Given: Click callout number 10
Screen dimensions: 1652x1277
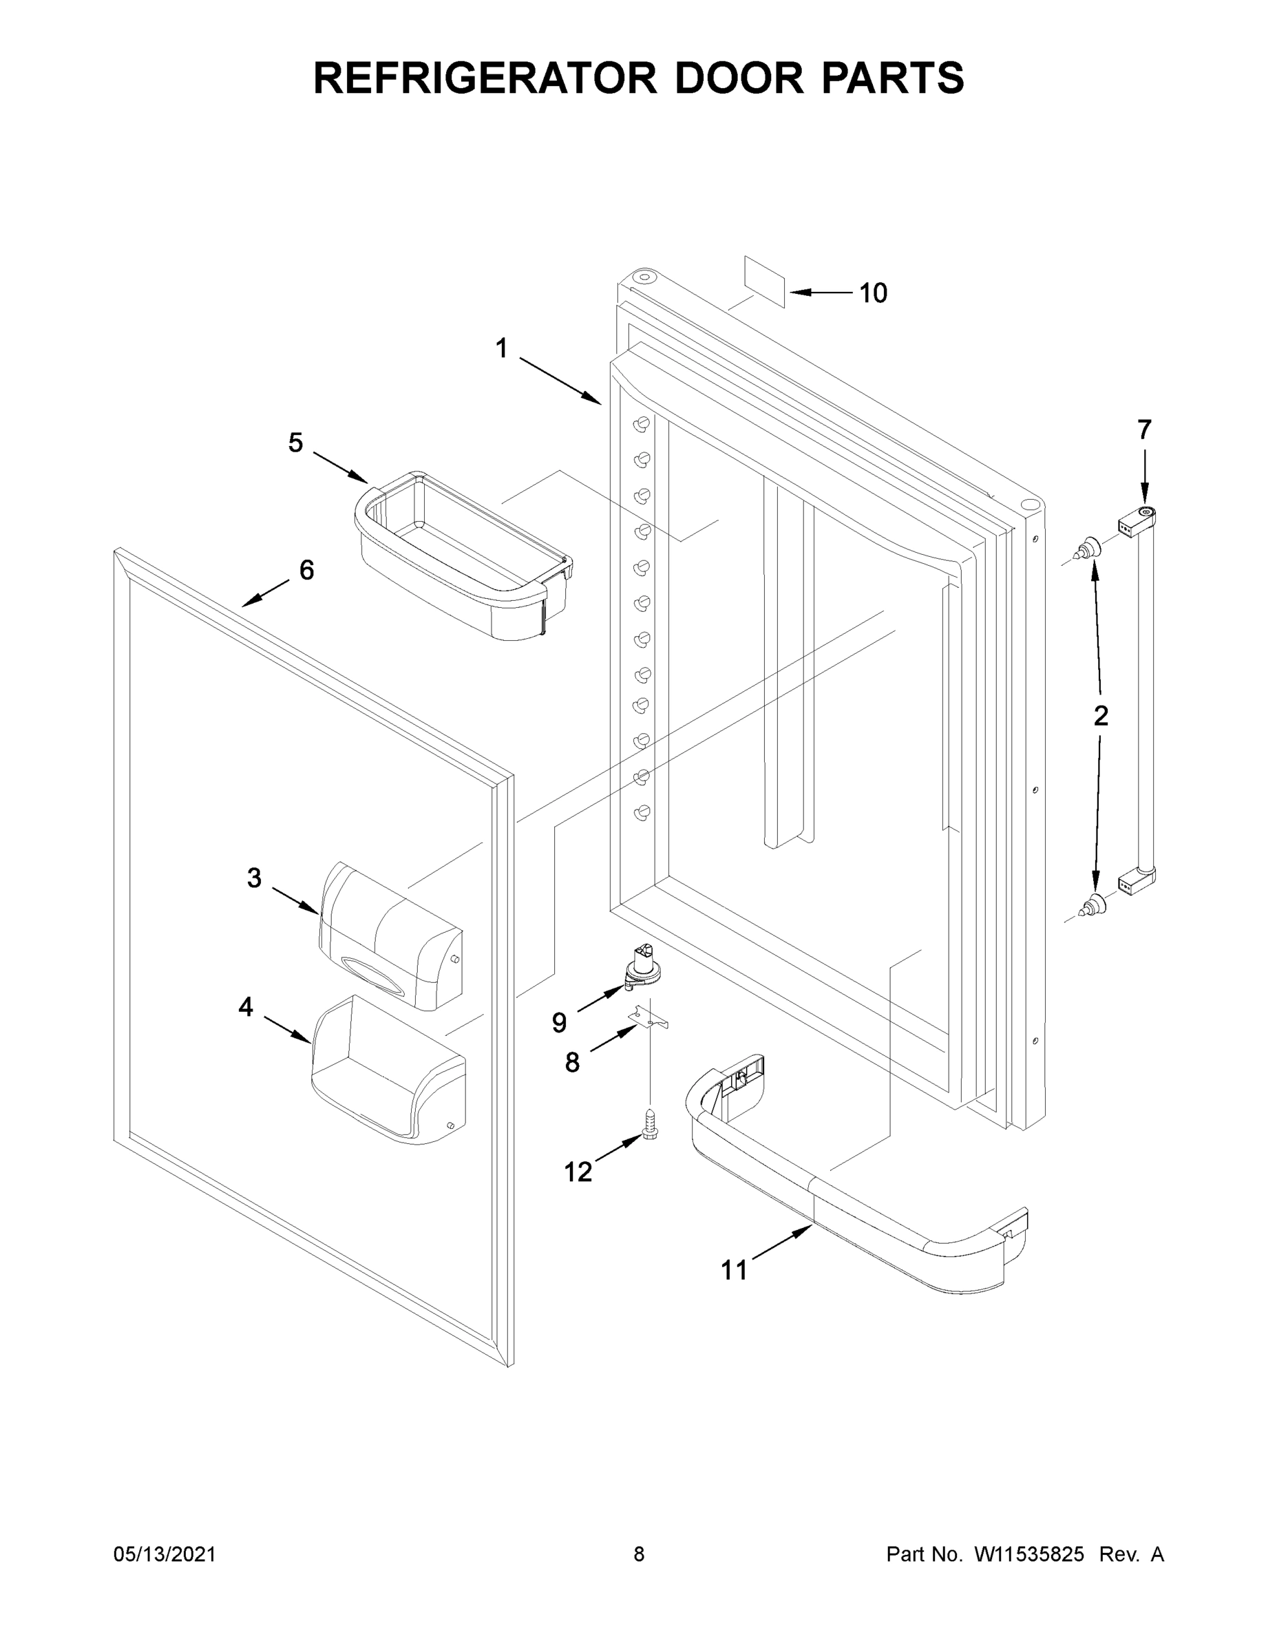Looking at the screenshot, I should pos(873,293).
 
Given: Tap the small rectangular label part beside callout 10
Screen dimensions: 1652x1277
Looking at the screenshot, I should pos(765,282).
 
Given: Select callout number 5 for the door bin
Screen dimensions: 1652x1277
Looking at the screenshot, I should pos(295,443).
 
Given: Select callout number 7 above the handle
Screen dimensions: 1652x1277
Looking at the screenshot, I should pos(1144,430).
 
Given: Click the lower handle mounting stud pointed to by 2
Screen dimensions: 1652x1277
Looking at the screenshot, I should pos(1090,904).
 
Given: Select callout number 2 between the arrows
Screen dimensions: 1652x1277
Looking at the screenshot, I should pos(1101,714).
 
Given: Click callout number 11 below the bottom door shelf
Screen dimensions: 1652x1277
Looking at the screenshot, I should pos(733,1270).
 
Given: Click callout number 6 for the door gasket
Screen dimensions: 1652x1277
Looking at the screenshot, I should pos(306,569).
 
